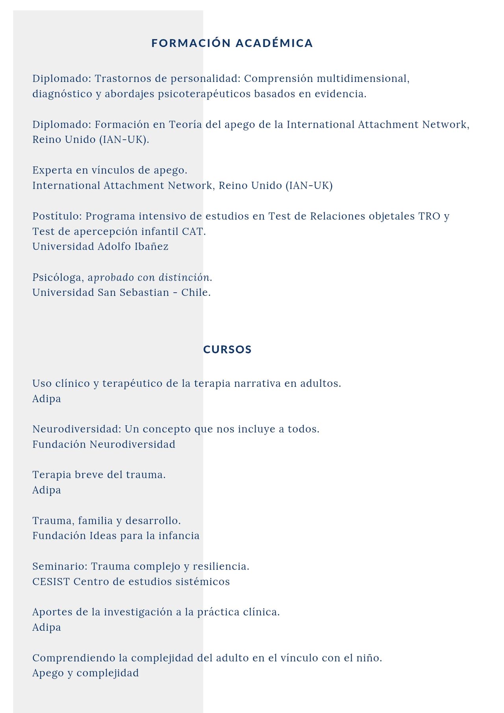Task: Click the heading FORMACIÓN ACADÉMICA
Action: (232, 43)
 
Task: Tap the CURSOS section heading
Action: (227, 349)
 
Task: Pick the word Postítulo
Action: (57, 216)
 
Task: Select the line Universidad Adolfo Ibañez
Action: (100, 247)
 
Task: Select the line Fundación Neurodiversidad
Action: (104, 444)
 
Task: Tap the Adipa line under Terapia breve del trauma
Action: (46, 490)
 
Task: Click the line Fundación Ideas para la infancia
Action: (116, 536)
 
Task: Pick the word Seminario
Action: (60, 566)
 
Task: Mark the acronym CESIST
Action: (51, 582)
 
